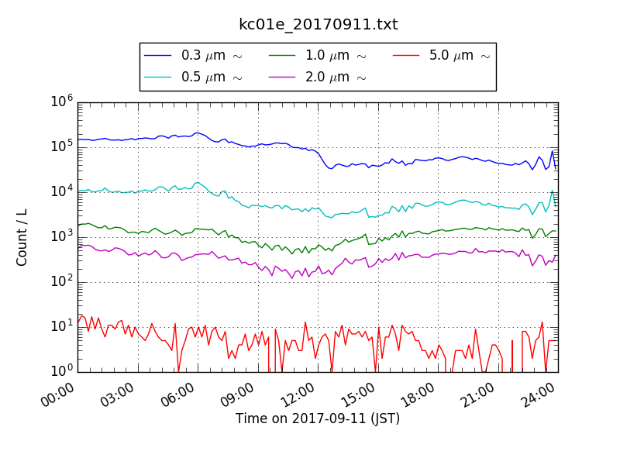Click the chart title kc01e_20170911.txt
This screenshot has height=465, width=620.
click(x=318, y=25)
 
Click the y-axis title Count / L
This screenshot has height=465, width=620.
click(x=22, y=236)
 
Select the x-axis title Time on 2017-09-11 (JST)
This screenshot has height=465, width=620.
click(x=318, y=419)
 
